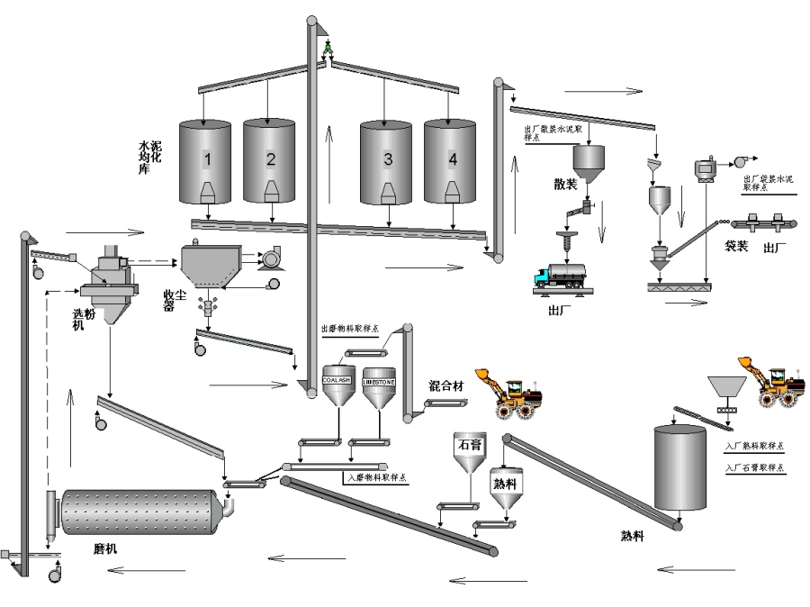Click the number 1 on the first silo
[x=206, y=159]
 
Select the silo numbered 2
[x=269, y=160]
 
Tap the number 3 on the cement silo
[x=387, y=160]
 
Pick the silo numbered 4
[x=451, y=160]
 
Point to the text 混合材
[x=446, y=385]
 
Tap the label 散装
[x=565, y=185]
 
